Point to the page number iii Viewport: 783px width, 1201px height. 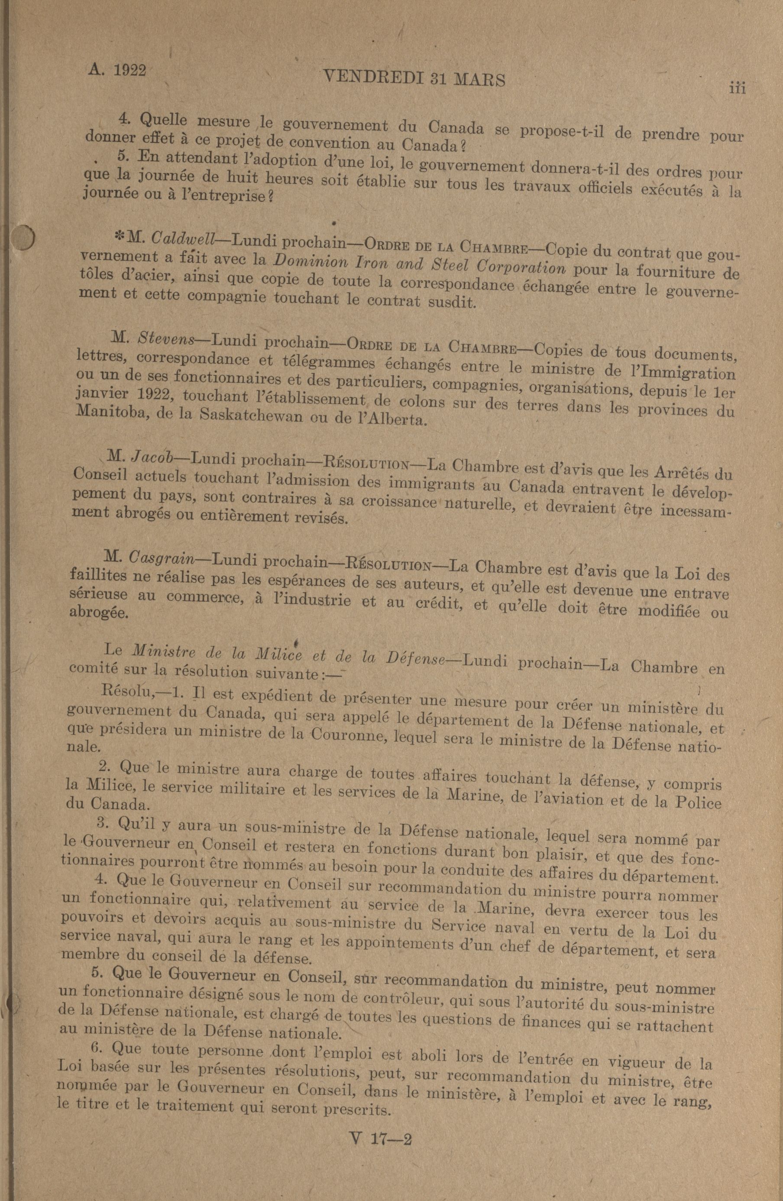[x=737, y=88]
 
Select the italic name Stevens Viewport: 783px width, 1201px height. [x=166, y=339]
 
